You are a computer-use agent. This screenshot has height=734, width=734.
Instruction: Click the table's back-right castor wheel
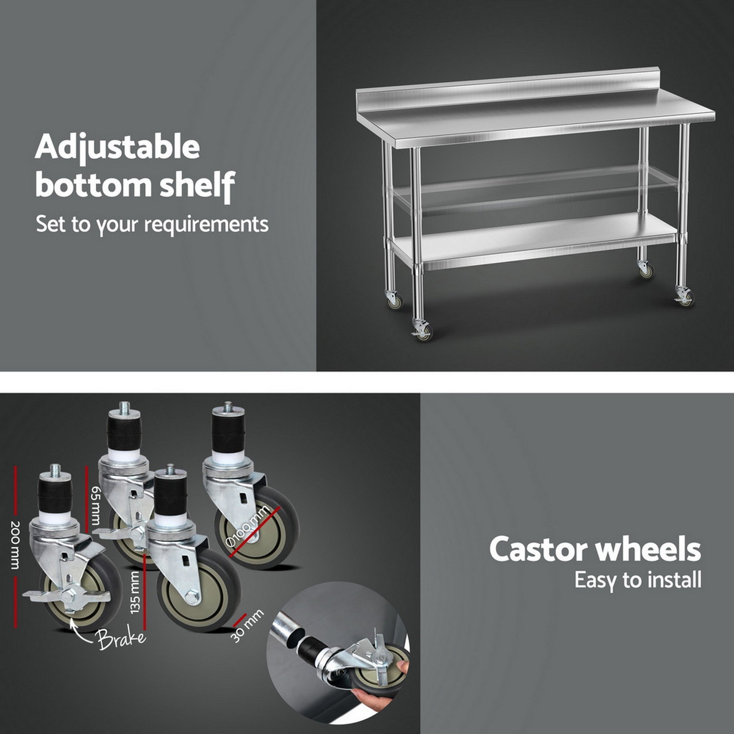point(646,269)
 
